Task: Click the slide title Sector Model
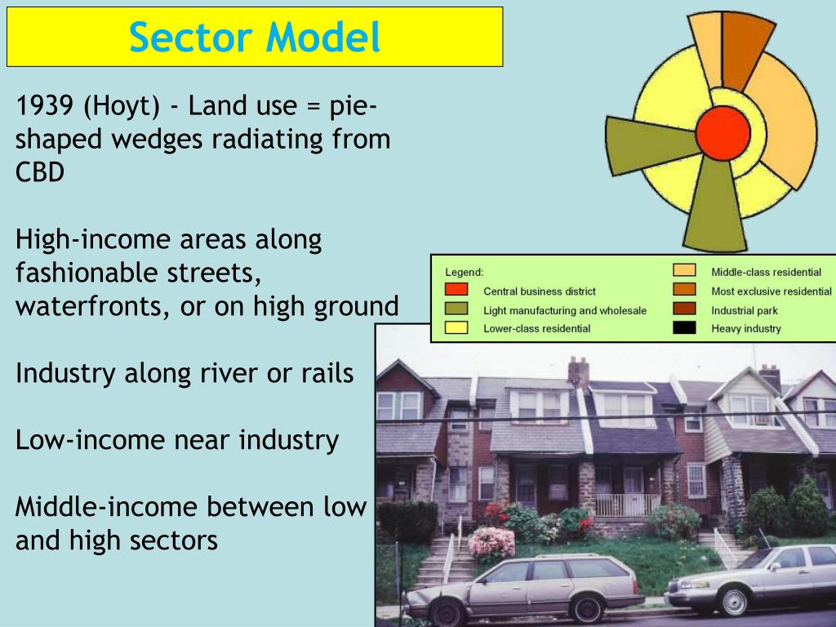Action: [x=255, y=37]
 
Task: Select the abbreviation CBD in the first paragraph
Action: [x=40, y=172]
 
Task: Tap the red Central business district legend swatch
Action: [x=456, y=290]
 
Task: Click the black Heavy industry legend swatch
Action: [x=684, y=328]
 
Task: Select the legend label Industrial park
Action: [x=744, y=310]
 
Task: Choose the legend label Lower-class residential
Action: [x=536, y=329]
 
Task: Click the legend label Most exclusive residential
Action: [x=771, y=291]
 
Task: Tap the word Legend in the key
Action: [x=464, y=272]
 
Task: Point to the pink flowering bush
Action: [x=491, y=542]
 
